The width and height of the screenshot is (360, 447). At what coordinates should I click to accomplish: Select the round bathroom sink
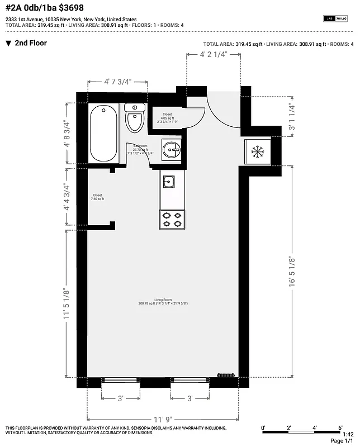pos(172,149)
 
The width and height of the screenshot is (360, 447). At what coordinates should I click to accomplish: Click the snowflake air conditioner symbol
pos(257,151)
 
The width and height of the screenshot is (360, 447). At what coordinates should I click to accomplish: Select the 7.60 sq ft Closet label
pos(98,197)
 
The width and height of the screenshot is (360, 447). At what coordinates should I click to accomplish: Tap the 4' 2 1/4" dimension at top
pos(213,55)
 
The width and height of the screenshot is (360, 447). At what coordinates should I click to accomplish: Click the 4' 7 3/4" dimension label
pos(117,82)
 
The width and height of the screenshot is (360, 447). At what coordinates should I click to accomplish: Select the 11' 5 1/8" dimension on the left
pos(67,303)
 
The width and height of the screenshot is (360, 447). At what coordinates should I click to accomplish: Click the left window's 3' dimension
pos(120,398)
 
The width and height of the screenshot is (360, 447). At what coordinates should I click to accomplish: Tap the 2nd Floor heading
pos(31,43)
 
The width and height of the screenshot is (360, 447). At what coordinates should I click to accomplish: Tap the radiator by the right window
pos(225,375)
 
